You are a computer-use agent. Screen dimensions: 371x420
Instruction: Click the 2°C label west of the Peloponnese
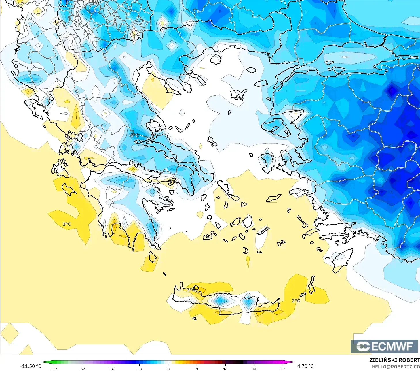(67, 224)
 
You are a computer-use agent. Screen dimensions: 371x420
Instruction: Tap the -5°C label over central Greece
(134, 135)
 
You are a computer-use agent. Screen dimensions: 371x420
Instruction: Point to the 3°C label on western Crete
(191, 289)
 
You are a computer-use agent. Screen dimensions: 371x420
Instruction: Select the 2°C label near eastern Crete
(296, 300)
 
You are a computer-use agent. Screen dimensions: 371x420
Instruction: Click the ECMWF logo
(385, 346)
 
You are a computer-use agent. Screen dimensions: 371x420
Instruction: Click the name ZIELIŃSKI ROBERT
(394, 360)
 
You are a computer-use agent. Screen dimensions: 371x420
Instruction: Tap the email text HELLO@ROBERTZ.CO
(396, 367)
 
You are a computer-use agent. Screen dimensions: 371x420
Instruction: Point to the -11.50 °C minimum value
(31, 366)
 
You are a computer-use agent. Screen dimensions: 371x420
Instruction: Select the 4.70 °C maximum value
(305, 366)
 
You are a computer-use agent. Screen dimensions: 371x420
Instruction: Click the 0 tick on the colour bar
(168, 369)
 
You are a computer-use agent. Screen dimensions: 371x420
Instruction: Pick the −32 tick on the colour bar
(54, 369)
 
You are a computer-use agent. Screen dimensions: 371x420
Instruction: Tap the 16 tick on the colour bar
(225, 369)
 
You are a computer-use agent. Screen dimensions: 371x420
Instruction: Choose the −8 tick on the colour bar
(140, 369)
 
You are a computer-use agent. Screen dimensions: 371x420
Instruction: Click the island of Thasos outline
(216, 59)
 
